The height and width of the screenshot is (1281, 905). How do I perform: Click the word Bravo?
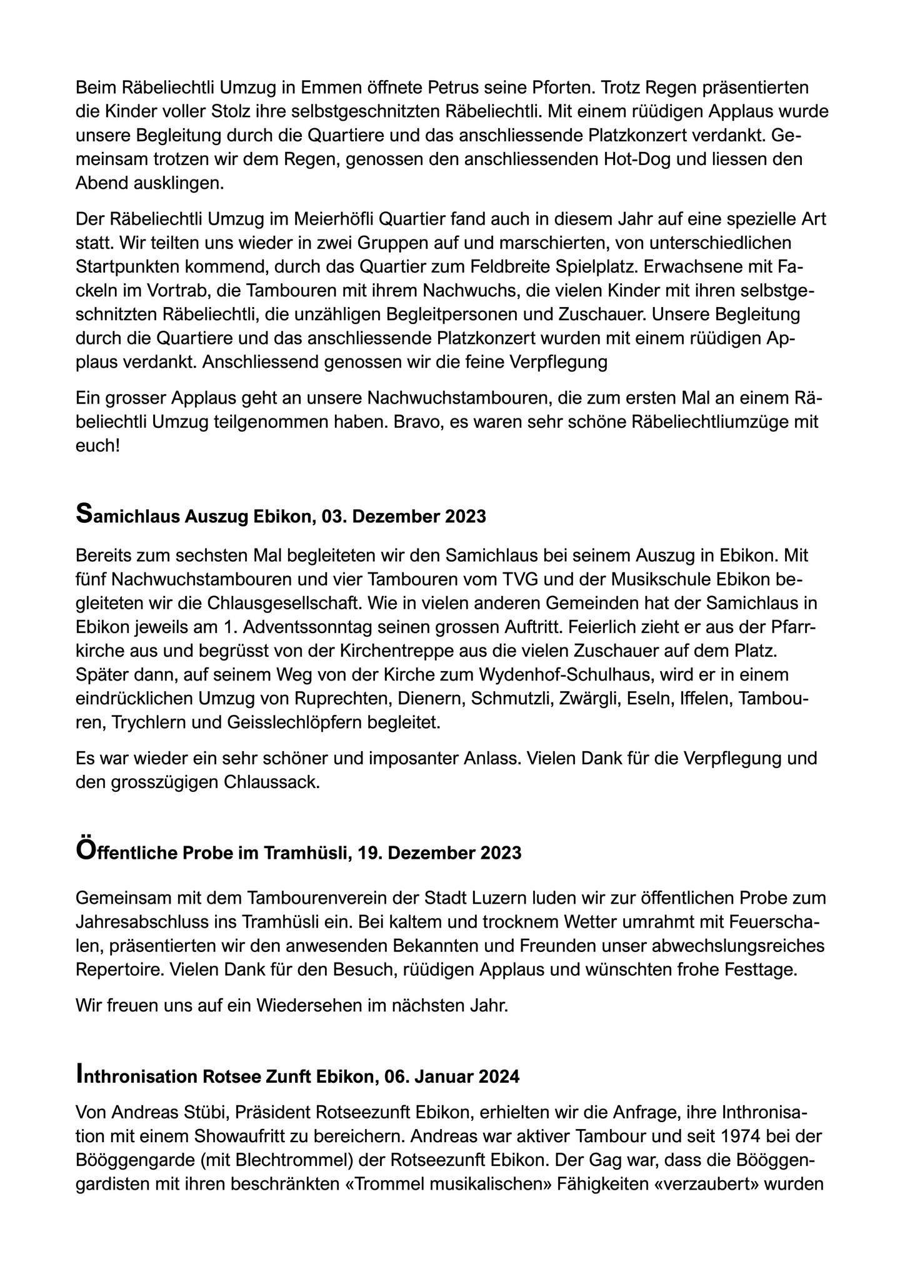coord(417,422)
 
